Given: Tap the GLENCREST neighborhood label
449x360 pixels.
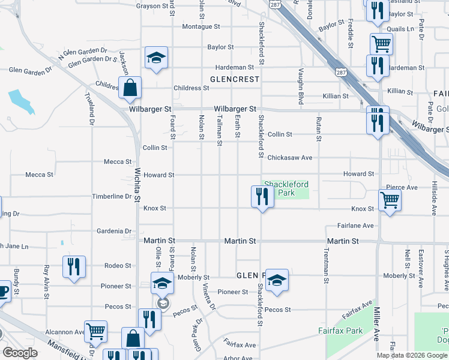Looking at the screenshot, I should pyautogui.click(x=235, y=79).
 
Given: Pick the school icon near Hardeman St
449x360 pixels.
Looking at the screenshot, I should pyautogui.click(x=156, y=58).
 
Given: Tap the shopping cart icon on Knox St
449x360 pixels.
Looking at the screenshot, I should pyautogui.click(x=390, y=200).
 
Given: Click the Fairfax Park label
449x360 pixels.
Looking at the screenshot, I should pyautogui.click(x=340, y=331).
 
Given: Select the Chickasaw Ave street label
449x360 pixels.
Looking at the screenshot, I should pyautogui.click(x=290, y=158).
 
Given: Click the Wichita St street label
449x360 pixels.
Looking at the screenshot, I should pyautogui.click(x=137, y=184).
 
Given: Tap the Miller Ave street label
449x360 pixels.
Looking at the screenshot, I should pyautogui.click(x=377, y=328).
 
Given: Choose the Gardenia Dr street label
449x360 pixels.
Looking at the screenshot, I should pyautogui.click(x=115, y=231).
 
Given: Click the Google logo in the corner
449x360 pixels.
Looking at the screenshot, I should pyautogui.click(x=20, y=353).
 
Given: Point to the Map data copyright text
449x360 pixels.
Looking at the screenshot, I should pyautogui.click(x=412, y=355).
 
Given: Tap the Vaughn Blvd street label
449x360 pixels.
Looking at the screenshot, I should pyautogui.click(x=298, y=87).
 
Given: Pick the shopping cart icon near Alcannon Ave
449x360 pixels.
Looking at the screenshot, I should pyautogui.click(x=96, y=331).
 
